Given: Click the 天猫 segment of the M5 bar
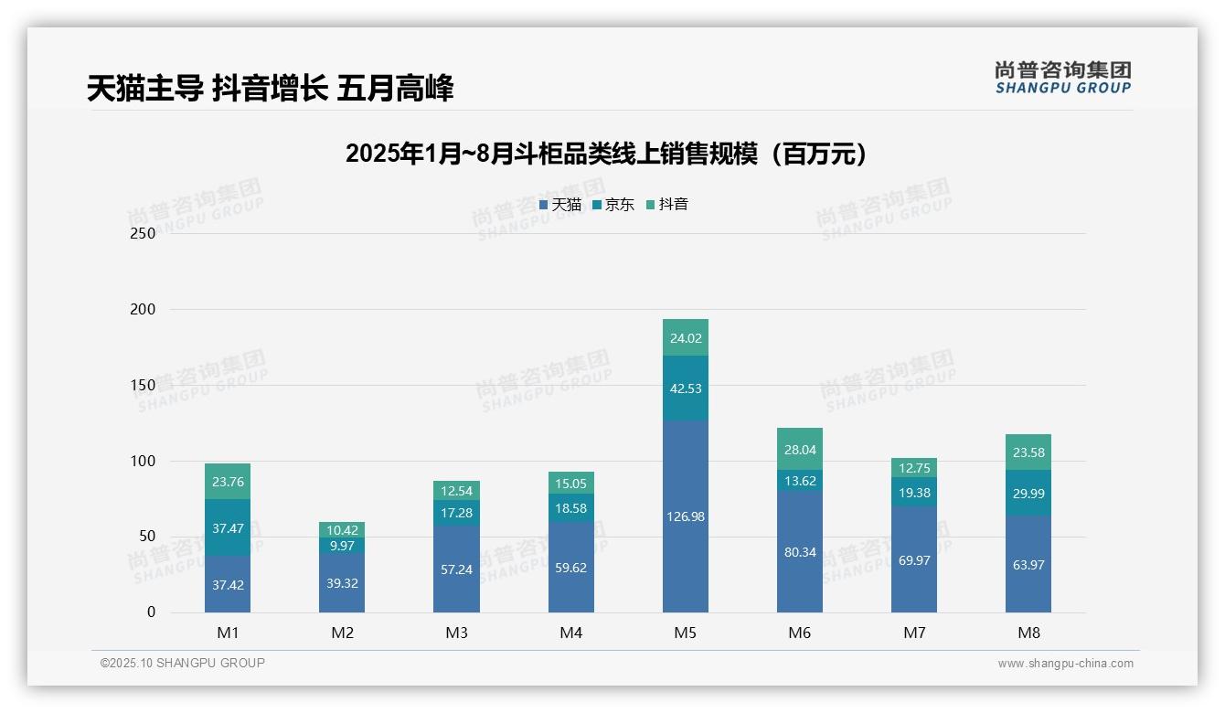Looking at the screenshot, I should coord(685,516).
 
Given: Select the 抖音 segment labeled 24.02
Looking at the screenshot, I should coord(685,337).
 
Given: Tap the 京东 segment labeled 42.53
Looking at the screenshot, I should coord(685,388).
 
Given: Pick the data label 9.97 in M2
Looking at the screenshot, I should coord(342,546).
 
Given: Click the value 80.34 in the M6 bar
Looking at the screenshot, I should coord(800,552).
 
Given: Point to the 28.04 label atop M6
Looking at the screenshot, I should coord(800,449).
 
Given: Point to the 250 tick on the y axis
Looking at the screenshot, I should coord(144,233).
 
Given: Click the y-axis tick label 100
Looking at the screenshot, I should coord(144,461).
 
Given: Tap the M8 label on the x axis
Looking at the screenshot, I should coord(1028,633).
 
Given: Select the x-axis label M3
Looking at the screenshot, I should coord(456,633).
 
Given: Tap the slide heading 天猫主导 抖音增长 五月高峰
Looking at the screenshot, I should coord(271,89).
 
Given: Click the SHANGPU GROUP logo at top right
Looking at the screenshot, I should coord(1062,78).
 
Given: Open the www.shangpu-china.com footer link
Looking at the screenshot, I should coord(1065,664).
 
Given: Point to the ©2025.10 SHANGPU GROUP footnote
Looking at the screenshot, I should coord(183,664).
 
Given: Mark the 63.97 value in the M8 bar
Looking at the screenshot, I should coord(1028,565).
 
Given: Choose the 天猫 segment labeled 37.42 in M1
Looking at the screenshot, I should coord(228,585).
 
